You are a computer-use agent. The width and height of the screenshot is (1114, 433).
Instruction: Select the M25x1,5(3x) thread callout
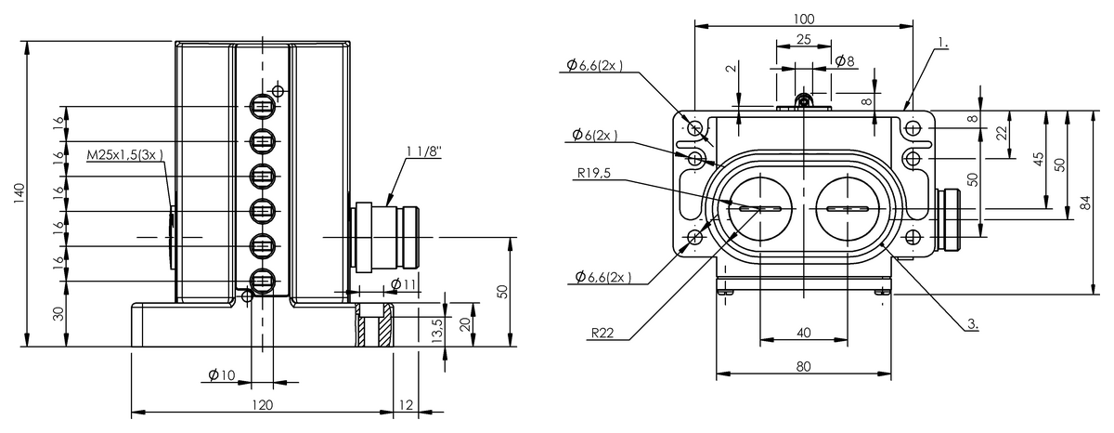(124, 156)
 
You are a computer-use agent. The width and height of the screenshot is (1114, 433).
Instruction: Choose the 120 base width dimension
(263, 404)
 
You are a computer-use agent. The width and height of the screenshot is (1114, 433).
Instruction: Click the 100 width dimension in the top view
(804, 19)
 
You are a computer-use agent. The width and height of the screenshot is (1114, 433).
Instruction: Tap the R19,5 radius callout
(594, 171)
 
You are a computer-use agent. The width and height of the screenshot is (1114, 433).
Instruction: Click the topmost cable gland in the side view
(263, 106)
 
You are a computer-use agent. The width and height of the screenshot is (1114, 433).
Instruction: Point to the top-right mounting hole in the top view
(913, 126)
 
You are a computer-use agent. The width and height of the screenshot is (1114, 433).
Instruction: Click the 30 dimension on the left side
(58, 313)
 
